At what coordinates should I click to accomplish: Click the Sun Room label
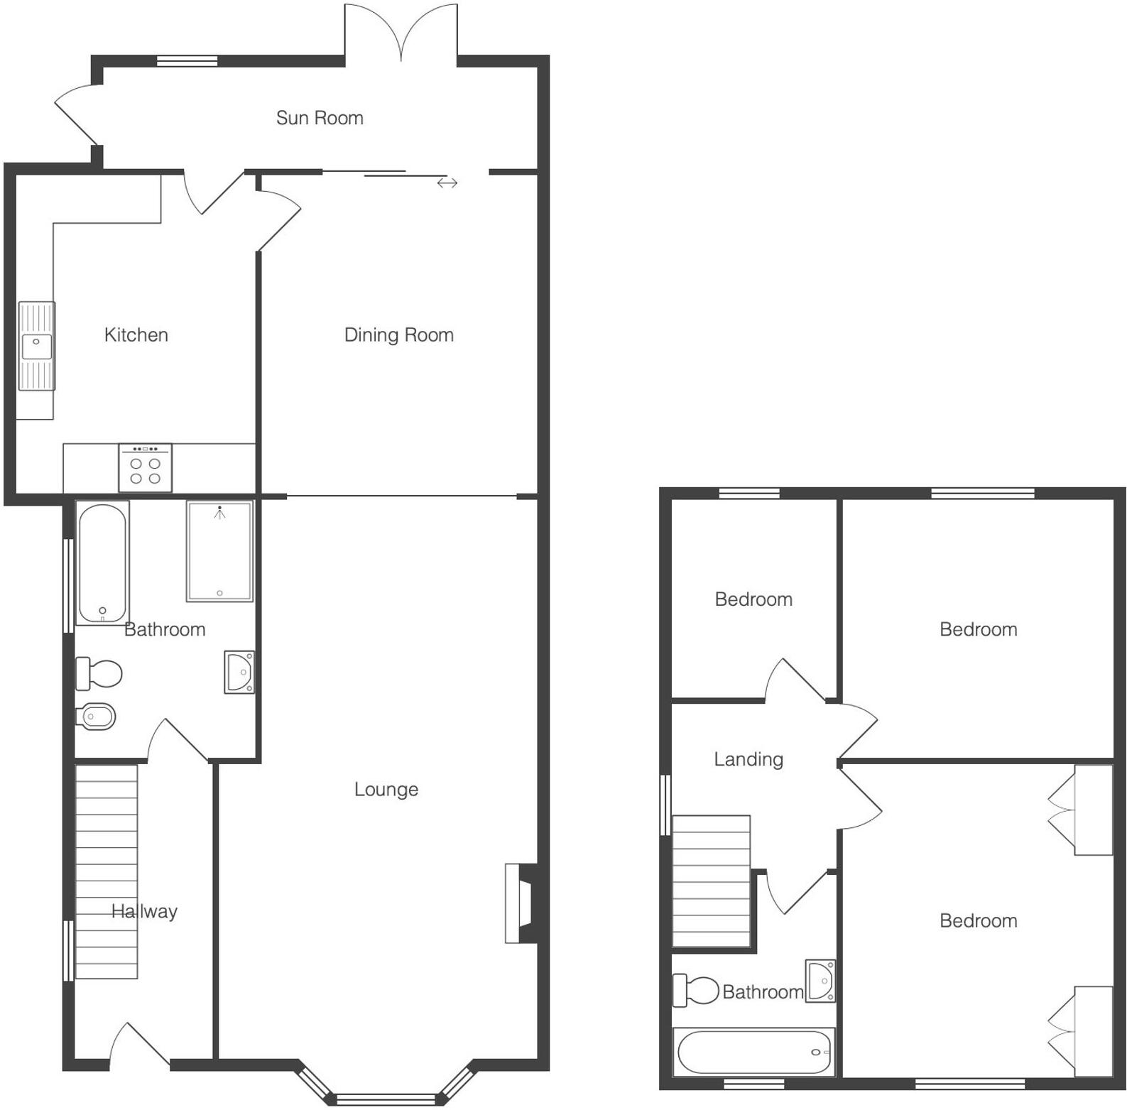pyautogui.click(x=320, y=118)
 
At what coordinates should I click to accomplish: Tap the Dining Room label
pyautogui.click(x=398, y=334)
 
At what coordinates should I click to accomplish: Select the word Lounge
pyautogui.click(x=386, y=789)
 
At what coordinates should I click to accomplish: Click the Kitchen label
pyautogui.click(x=136, y=334)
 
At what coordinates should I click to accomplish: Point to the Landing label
pyautogui.click(x=748, y=759)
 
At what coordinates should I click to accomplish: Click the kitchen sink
pyautogui.click(x=36, y=346)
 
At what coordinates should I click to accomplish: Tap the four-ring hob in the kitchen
pyautogui.click(x=145, y=468)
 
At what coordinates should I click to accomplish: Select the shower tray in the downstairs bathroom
pyautogui.click(x=219, y=551)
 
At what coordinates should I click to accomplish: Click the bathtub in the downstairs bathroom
pyautogui.click(x=102, y=563)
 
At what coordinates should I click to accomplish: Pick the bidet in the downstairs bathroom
pyautogui.click(x=95, y=717)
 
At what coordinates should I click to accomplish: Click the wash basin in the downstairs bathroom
pyautogui.click(x=239, y=672)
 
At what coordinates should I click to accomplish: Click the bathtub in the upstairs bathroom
pyautogui.click(x=754, y=1052)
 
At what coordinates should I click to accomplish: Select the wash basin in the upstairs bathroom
pyautogui.click(x=820, y=981)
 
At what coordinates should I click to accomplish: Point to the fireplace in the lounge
pyautogui.click(x=521, y=903)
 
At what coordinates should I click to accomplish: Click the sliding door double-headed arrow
pyautogui.click(x=447, y=183)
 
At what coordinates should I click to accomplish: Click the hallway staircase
pyautogui.click(x=107, y=871)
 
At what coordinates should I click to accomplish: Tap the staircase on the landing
pyautogui.click(x=711, y=881)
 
